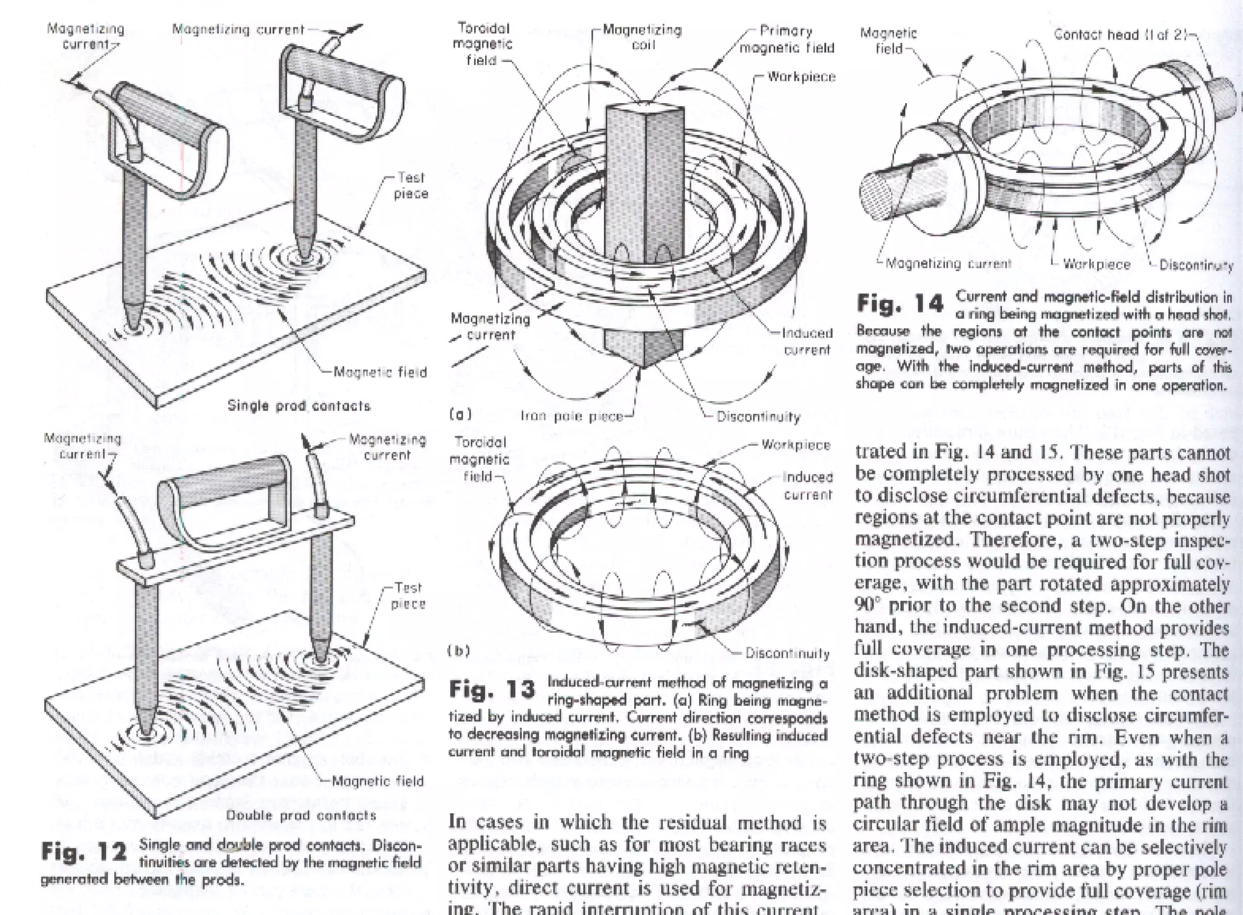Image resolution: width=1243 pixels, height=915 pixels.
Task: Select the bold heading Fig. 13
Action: [x=492, y=689]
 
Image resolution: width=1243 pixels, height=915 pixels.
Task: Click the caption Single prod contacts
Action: [x=299, y=405]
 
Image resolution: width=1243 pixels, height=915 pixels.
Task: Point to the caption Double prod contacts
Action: [x=302, y=815]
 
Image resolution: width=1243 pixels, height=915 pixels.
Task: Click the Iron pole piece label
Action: [x=572, y=416]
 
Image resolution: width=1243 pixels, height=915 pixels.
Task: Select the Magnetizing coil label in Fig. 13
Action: [x=642, y=36]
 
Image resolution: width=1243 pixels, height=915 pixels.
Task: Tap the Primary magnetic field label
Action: [x=787, y=39]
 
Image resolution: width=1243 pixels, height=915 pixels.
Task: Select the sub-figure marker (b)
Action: [x=459, y=651]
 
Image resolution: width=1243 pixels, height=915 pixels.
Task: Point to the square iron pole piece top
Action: [x=645, y=110]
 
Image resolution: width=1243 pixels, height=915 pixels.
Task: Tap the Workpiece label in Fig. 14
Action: [x=1097, y=265]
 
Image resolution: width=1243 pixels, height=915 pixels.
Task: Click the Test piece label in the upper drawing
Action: [x=411, y=186]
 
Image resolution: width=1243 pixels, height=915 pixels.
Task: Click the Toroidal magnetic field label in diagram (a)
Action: [x=483, y=44]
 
